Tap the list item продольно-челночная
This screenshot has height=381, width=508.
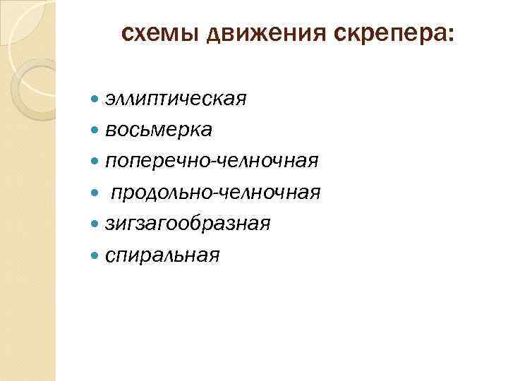point(215,193)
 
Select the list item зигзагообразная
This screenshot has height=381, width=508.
point(188,224)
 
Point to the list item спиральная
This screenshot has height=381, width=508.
point(162,255)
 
